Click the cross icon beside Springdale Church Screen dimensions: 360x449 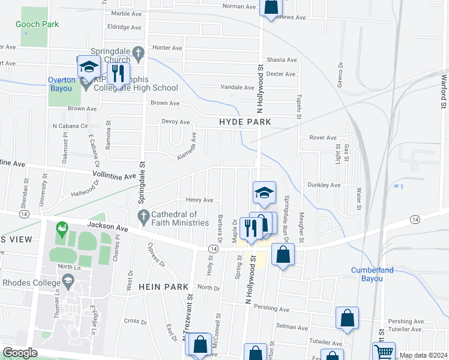pyautogui.click(x=138, y=53)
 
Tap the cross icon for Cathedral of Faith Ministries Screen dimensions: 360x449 pyautogui.click(x=143, y=215)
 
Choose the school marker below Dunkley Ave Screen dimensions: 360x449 pyautogui.click(x=264, y=193)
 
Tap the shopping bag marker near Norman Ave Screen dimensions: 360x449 pyautogui.click(x=271, y=7)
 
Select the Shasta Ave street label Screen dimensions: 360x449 pyautogui.click(x=282, y=60)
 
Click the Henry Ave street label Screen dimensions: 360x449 pyautogui.click(x=199, y=200)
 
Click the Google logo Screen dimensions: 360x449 pyautogui.click(x=20, y=353)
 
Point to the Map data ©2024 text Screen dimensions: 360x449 pyautogui.click(x=423, y=355)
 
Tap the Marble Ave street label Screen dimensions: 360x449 pyautogui.click(x=125, y=13)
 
